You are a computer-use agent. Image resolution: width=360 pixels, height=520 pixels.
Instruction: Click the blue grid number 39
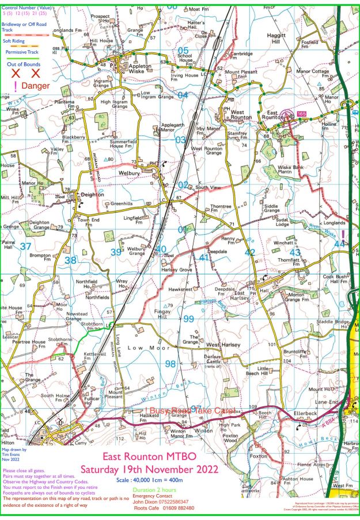coord(116,253)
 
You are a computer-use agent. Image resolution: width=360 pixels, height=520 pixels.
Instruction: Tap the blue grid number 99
coord(188,319)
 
